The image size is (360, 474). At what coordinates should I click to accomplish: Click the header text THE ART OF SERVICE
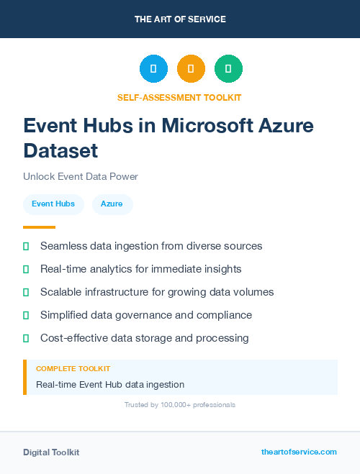point(180,19)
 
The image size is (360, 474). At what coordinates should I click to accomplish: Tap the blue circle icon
point(153,68)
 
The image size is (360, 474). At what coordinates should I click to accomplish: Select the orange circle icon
point(191,68)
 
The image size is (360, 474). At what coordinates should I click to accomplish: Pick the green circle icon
point(228,68)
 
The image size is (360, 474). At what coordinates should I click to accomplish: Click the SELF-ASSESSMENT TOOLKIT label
point(180,97)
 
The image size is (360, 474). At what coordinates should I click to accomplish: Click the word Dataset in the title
point(60,150)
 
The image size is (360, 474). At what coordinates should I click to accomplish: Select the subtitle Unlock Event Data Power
point(80,176)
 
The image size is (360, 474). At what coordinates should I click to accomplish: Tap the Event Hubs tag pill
point(53,204)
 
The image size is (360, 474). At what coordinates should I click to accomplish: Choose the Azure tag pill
point(112,204)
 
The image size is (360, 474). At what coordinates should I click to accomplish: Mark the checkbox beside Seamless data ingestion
point(26,246)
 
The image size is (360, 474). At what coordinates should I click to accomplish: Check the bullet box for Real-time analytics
point(26,269)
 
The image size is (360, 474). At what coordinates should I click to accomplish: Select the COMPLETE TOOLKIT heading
point(73,368)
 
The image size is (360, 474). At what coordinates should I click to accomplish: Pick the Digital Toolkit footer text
point(51,452)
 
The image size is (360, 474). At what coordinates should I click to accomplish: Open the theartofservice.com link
point(299,452)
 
